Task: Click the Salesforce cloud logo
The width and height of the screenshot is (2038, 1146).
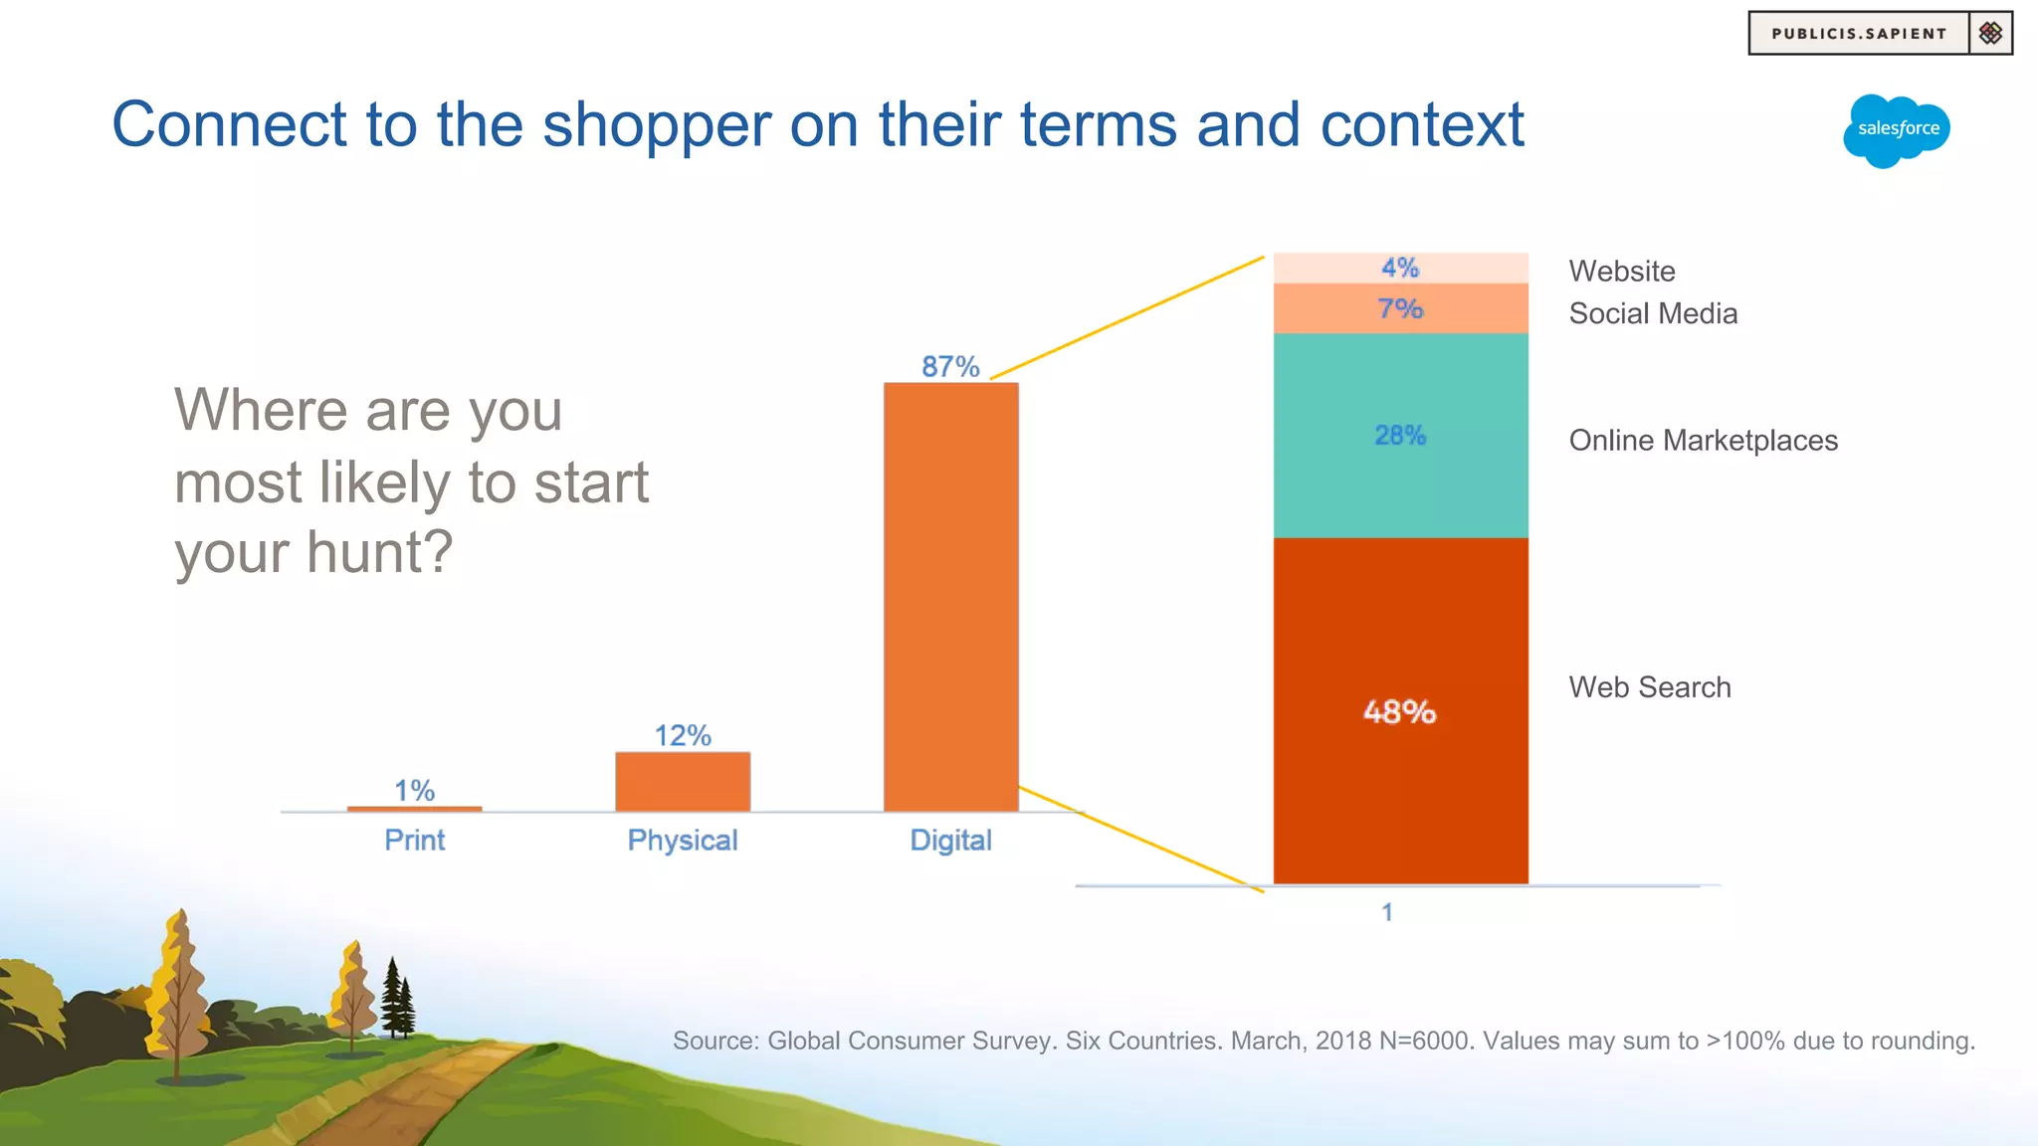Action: (x=1896, y=130)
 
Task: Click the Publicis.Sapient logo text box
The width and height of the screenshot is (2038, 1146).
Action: (x=1859, y=34)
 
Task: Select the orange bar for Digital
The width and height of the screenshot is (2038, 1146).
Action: (x=950, y=597)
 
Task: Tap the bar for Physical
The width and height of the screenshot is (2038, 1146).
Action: (x=683, y=782)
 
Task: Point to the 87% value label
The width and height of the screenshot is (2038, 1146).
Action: (x=950, y=367)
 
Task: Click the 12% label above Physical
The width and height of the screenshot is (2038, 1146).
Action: (x=683, y=736)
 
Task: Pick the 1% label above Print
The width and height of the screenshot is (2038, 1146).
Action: (x=414, y=791)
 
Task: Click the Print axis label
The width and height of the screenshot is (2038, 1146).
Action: (x=414, y=841)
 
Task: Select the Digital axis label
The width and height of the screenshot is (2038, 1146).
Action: (x=950, y=841)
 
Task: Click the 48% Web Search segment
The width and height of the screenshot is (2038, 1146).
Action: (x=1400, y=711)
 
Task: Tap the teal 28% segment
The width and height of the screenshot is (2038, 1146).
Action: (x=1400, y=436)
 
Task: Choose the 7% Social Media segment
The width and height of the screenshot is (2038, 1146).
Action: (x=1400, y=309)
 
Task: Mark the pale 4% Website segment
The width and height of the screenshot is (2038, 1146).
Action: (x=1400, y=268)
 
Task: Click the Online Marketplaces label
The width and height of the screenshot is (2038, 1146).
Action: (x=1703, y=441)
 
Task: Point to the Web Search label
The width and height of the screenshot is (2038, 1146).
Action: (x=1650, y=687)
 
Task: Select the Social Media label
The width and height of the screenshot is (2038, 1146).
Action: (x=1653, y=314)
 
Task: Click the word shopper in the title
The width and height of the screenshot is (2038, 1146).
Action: (x=657, y=125)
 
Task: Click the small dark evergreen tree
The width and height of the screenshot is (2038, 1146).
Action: (x=396, y=1000)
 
